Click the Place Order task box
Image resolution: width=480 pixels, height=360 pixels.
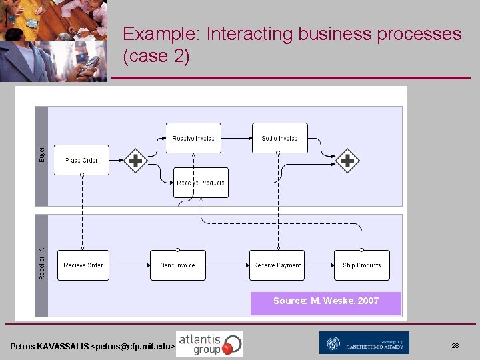(81, 160)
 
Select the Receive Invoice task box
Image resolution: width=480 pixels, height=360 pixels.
(193, 138)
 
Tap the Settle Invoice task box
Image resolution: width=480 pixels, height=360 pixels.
(279, 138)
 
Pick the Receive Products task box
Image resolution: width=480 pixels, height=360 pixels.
(201, 183)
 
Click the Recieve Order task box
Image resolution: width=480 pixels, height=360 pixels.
(83, 265)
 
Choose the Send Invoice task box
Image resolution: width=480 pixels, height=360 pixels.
(178, 265)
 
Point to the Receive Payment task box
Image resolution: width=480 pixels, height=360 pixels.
(277, 265)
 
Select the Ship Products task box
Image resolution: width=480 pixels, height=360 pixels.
(362, 265)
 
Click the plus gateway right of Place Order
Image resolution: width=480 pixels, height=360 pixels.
(135, 160)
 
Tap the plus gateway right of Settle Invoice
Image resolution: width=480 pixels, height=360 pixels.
(347, 160)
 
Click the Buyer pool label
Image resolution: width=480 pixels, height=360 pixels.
(41, 154)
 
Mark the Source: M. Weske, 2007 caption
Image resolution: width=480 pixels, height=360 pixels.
(326, 301)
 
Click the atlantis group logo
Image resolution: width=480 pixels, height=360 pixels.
(209, 343)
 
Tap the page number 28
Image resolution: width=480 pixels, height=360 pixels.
(455, 346)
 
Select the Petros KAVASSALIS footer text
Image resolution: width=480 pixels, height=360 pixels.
(92, 347)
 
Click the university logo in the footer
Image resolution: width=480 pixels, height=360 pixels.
(364, 343)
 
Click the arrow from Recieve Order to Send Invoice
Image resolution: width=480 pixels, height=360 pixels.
(129, 265)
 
